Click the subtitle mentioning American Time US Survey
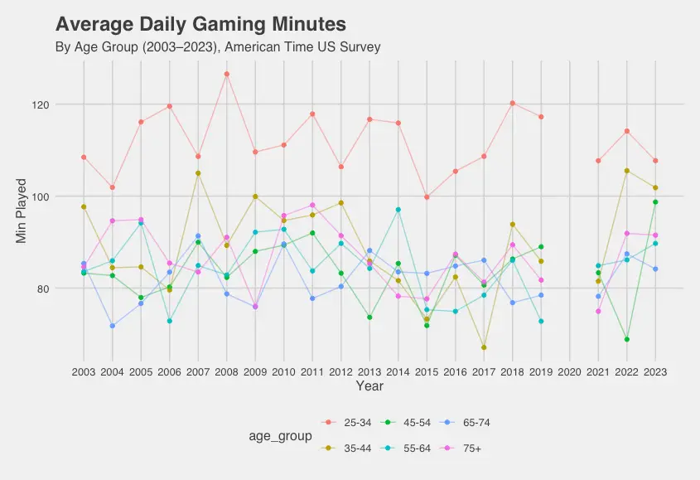(x=217, y=47)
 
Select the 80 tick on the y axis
(x=66, y=288)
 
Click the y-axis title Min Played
(x=22, y=211)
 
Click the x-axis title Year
(x=369, y=385)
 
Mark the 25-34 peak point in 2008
(x=227, y=75)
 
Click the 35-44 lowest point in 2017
(x=484, y=347)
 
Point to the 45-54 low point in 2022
(x=627, y=339)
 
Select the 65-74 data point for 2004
(x=113, y=326)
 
